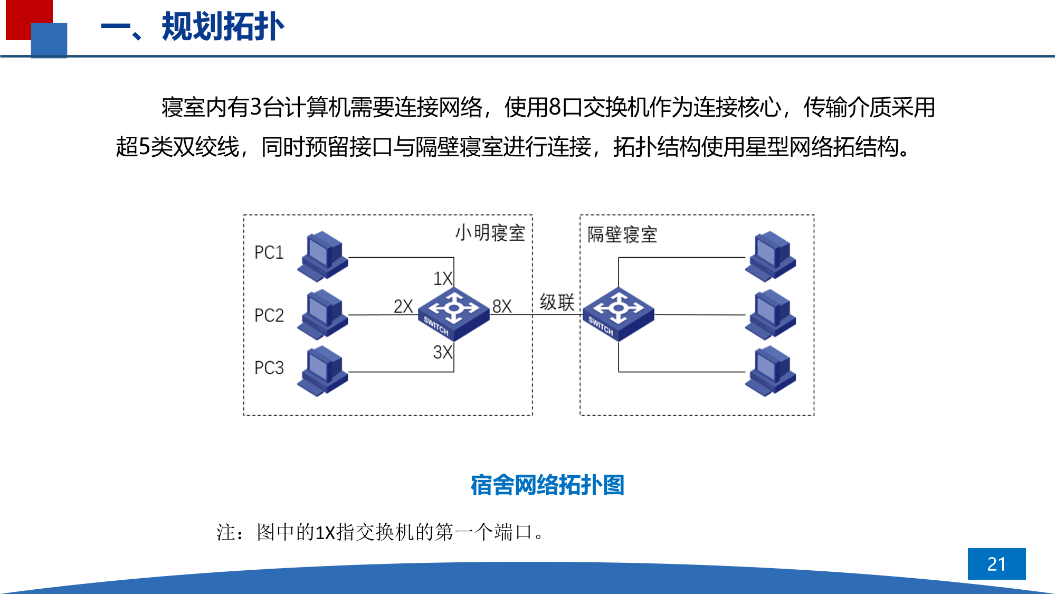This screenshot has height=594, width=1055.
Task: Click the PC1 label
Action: click(x=269, y=252)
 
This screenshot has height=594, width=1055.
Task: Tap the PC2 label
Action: click(x=269, y=315)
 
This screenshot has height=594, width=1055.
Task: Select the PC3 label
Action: click(x=269, y=367)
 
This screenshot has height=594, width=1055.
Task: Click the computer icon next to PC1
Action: click(x=322, y=256)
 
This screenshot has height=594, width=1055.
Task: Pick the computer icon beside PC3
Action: click(x=322, y=371)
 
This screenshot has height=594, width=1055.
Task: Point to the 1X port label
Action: click(x=443, y=278)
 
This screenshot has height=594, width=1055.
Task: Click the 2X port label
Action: click(x=403, y=306)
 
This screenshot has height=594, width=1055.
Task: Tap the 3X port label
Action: click(x=443, y=352)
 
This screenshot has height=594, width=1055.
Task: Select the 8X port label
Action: click(x=502, y=306)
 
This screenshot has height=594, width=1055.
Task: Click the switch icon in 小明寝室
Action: click(x=454, y=314)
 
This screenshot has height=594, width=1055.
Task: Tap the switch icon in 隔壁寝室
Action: click(x=619, y=314)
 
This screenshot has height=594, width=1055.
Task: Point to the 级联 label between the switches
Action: click(x=557, y=303)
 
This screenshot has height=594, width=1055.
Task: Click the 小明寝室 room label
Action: click(x=490, y=233)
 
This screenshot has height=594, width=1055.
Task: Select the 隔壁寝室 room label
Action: click(x=622, y=235)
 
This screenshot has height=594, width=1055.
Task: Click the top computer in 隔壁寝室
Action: click(x=771, y=256)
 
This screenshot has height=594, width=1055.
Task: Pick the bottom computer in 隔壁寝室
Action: click(x=771, y=371)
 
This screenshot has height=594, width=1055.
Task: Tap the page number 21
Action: click(x=996, y=564)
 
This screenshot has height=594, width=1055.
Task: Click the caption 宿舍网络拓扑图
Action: click(x=547, y=485)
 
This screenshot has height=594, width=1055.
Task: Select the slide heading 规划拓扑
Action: click(x=223, y=27)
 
